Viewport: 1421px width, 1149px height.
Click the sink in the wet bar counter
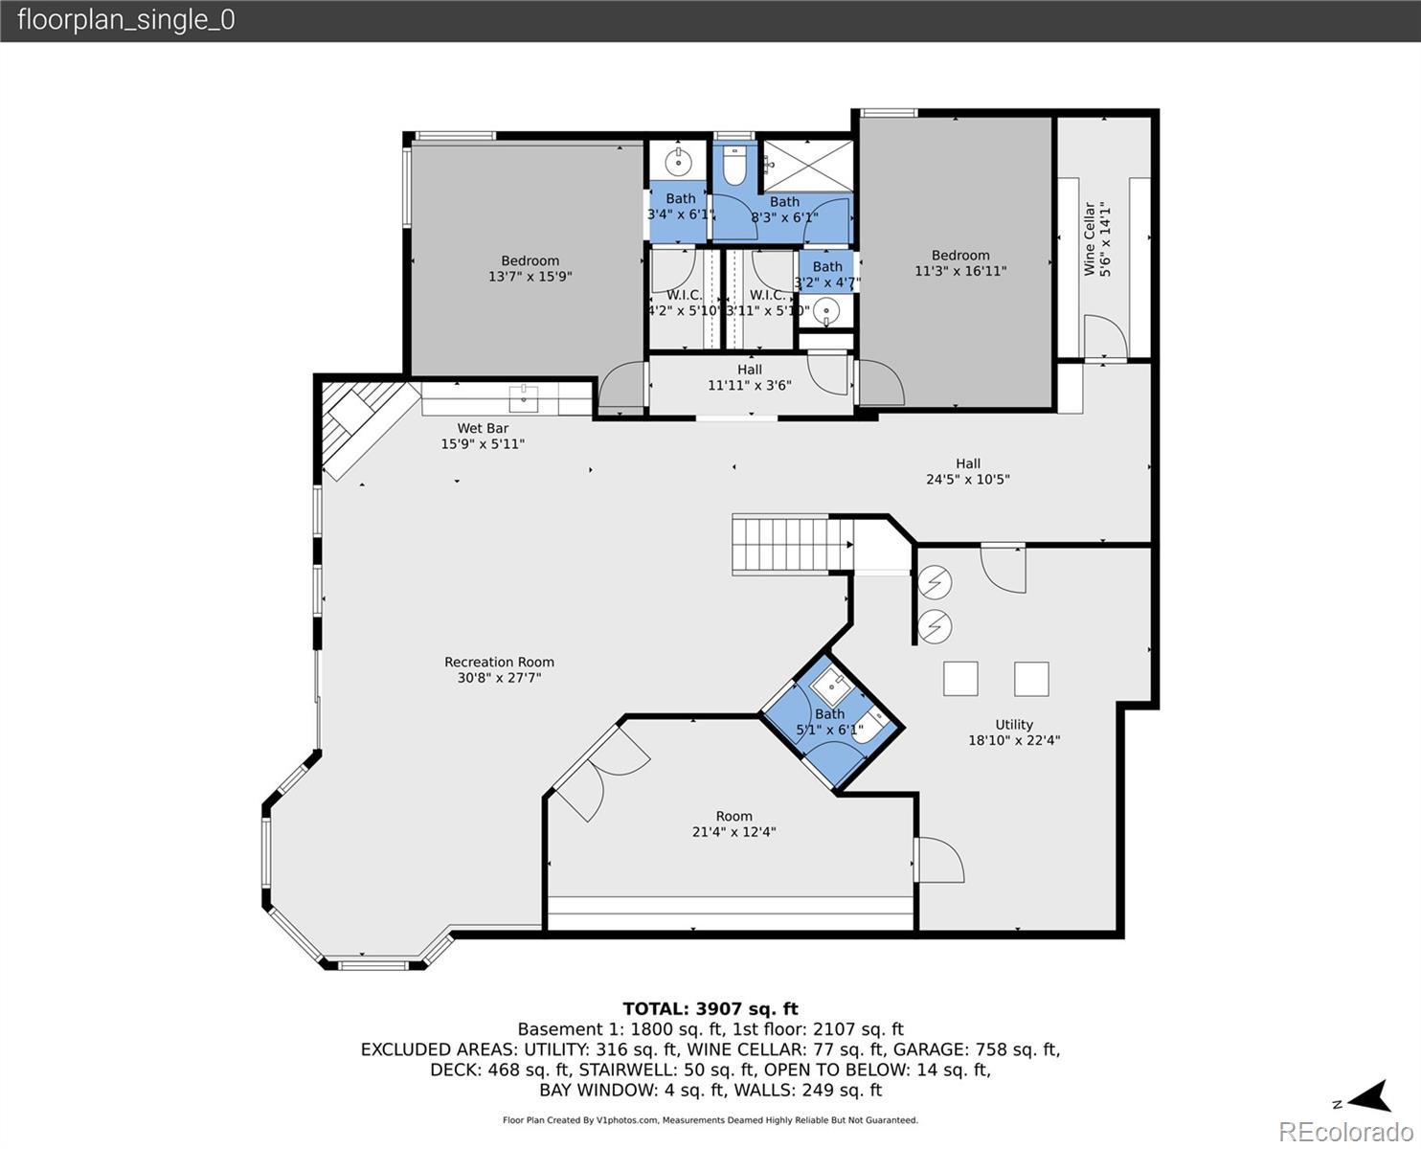coord(524,398)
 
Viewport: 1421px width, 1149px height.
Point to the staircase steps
coord(793,545)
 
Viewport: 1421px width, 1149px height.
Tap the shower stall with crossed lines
coord(808,166)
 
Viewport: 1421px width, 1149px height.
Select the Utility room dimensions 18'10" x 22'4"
coord(1014,739)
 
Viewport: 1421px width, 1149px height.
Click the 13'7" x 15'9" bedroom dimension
coord(530,276)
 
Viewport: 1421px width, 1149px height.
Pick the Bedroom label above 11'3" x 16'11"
coord(960,255)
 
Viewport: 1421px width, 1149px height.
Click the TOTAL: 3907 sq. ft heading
coord(710,1008)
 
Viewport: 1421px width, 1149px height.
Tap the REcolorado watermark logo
coord(1345,1131)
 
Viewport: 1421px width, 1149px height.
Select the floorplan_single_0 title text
coord(126,20)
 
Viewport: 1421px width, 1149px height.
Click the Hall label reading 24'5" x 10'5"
coord(967,471)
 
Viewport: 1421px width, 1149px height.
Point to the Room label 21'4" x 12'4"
coord(733,823)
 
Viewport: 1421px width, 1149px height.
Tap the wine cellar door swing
coord(1105,337)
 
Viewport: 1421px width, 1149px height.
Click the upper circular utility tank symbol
coord(935,583)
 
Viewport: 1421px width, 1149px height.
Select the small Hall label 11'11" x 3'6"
coord(749,376)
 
